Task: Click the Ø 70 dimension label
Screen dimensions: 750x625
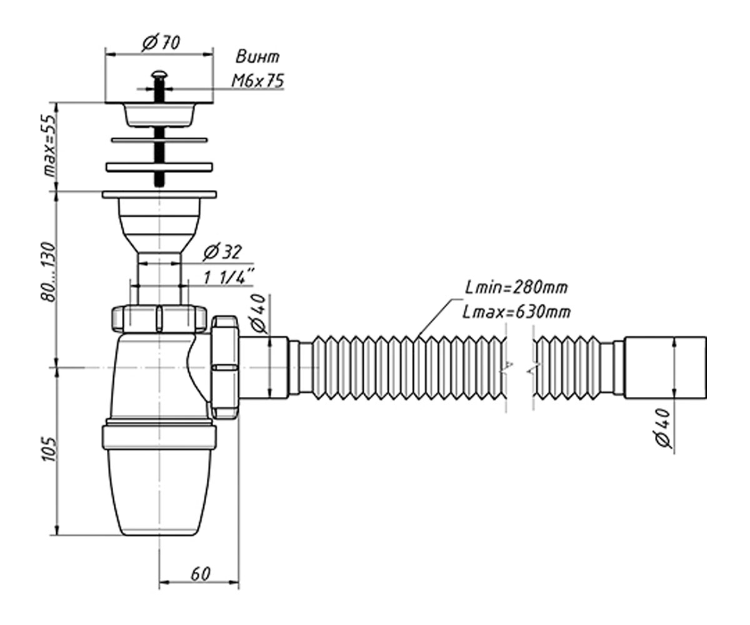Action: (x=161, y=43)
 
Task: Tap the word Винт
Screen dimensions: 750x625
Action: (x=257, y=57)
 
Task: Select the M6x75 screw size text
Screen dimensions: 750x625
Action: (x=257, y=81)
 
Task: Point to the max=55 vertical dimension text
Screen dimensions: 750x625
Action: (x=50, y=145)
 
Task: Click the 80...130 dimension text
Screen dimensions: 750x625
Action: (x=48, y=272)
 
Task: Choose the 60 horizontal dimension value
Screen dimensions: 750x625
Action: (x=200, y=574)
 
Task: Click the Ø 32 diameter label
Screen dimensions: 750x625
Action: (x=222, y=252)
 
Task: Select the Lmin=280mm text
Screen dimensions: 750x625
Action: (x=516, y=287)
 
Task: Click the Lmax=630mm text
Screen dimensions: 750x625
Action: (x=516, y=312)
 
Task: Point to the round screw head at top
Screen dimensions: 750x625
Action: (x=159, y=74)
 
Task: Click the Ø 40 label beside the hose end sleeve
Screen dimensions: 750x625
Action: (x=663, y=427)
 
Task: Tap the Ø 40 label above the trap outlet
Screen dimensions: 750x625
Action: (x=258, y=313)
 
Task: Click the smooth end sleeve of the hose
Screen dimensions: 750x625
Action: (x=665, y=367)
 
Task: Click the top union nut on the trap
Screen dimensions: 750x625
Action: (x=159, y=319)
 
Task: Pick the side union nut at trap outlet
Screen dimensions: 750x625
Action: (x=225, y=367)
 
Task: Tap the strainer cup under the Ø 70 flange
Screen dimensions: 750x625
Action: (x=159, y=115)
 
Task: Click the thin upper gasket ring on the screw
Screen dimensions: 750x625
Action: (x=159, y=140)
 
